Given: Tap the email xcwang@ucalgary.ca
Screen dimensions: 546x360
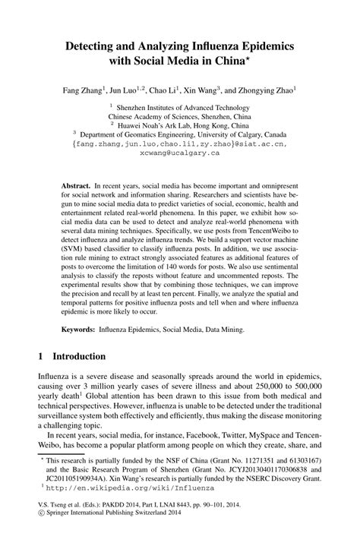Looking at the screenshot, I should (x=180, y=153).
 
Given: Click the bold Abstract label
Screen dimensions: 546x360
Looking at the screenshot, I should (x=76, y=185).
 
